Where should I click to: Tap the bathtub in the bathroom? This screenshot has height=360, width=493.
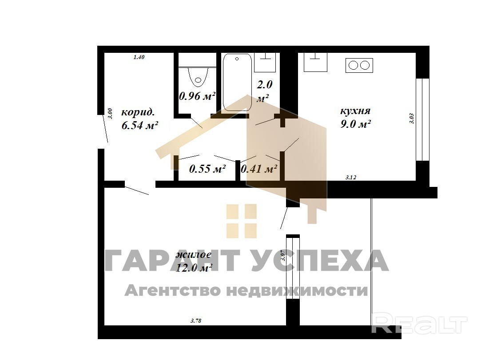point(237,82)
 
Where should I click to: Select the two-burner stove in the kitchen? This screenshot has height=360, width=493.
point(359,65)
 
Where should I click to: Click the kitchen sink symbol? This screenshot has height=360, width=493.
point(315,62)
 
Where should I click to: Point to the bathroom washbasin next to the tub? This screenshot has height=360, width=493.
point(265,62)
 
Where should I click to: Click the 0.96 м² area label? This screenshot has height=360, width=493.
point(197,96)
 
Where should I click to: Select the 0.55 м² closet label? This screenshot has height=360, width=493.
point(207,169)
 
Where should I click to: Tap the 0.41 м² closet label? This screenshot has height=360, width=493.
point(259,169)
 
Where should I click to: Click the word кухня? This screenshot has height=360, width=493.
point(355,111)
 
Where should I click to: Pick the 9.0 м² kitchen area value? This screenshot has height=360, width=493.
point(355,124)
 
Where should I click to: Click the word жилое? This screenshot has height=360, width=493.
point(193,254)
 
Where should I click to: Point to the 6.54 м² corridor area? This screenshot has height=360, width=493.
point(139,126)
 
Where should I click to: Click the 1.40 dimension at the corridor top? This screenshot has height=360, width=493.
point(139,57)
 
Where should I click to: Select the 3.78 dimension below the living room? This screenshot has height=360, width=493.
point(195,321)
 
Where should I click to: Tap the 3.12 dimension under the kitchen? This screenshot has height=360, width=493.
point(350,177)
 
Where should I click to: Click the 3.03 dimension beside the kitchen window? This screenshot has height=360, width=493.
point(412,119)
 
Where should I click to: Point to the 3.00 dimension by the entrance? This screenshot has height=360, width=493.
point(110,113)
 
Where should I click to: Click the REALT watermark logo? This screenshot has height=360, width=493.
point(419,324)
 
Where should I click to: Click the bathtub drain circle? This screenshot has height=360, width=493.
point(237,59)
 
